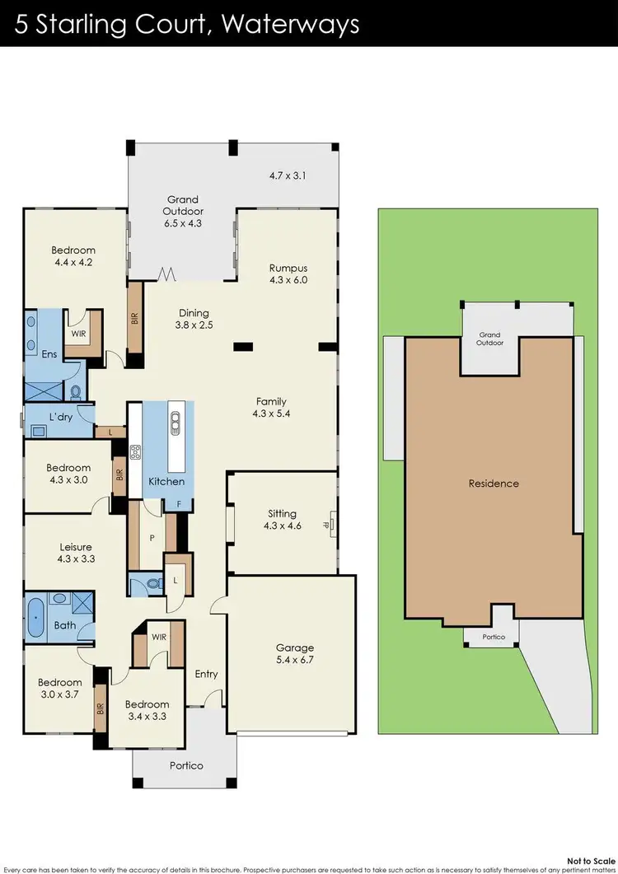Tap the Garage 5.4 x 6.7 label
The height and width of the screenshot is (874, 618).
pyautogui.click(x=295, y=654)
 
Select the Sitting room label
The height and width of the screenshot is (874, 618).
pyautogui.click(x=282, y=519)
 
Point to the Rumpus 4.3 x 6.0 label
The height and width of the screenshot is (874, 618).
pyautogui.click(x=288, y=273)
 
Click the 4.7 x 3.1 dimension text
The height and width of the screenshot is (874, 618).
pyautogui.click(x=288, y=175)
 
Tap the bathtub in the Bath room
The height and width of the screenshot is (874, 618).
pyautogui.click(x=36, y=615)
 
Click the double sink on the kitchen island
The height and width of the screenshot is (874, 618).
pyautogui.click(x=175, y=423)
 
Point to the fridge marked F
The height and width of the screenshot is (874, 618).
pyautogui.click(x=179, y=503)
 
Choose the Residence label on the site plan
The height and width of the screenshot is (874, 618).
pyautogui.click(x=494, y=484)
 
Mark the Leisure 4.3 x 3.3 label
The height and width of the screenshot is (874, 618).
pyautogui.click(x=74, y=553)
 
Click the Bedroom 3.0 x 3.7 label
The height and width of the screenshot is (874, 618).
pyautogui.click(x=59, y=689)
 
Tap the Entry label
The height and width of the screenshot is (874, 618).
pyautogui.click(x=206, y=674)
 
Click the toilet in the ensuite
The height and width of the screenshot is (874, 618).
pyautogui.click(x=76, y=393)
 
